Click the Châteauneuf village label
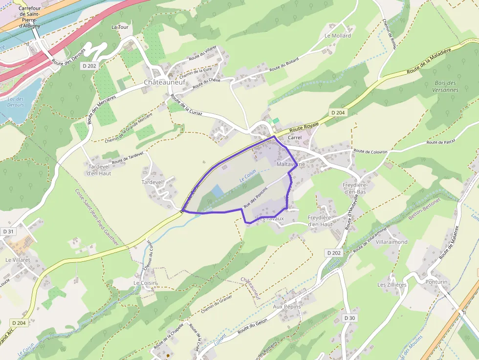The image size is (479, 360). pyautogui.click(x=165, y=83)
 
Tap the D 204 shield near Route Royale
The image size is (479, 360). pyautogui.click(x=337, y=112)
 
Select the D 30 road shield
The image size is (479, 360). pyautogui.click(x=349, y=318)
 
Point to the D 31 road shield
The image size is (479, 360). pyautogui.click(x=8, y=231)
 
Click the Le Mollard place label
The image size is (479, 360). pyautogui.click(x=338, y=36)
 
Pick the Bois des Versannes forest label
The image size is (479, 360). pyautogui.click(x=445, y=86)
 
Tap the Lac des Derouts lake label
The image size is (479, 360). pyautogui.click(x=16, y=102)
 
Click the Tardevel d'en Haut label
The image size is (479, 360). pyautogui.click(x=99, y=170)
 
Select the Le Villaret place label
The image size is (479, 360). pyautogui.click(x=18, y=260)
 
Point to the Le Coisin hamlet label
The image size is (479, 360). pyautogui.click(x=145, y=283)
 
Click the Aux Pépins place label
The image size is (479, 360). pyautogui.click(x=286, y=306)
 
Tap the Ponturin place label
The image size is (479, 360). pyautogui.click(x=436, y=282)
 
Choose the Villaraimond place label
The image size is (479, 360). pyautogui.click(x=392, y=242)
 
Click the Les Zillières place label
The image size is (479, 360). pyautogui.click(x=392, y=285)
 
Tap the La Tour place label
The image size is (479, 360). pyautogui.click(x=120, y=27)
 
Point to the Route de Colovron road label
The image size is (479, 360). pyautogui.click(x=370, y=151)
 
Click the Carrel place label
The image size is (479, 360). pyautogui.click(x=295, y=138)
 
